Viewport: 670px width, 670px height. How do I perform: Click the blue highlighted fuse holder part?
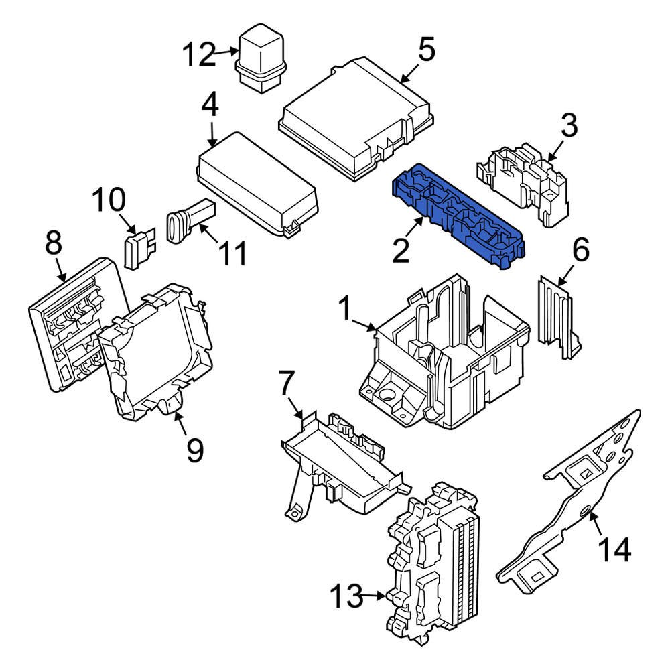tap(458, 214)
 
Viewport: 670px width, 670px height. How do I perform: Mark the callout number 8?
tap(54, 244)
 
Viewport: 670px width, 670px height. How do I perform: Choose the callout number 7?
tap(286, 383)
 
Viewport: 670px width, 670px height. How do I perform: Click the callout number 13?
tap(348, 594)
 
